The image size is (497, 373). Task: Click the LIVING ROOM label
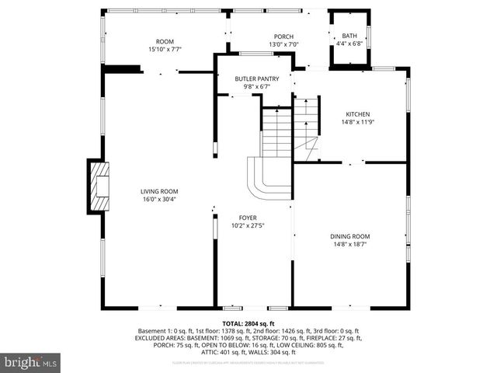[159, 191]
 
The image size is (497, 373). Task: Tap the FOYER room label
[248, 218]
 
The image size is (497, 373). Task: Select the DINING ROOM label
[351, 236]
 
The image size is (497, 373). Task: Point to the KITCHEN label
[346, 114]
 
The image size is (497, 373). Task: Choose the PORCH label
[283, 37]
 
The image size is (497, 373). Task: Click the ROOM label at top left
[165, 41]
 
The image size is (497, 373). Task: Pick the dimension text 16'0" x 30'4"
[159, 200]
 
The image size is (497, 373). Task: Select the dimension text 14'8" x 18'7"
[351, 244]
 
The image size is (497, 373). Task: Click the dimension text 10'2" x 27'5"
[248, 226]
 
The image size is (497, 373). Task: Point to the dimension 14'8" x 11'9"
[346, 122]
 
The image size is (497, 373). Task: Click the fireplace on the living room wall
[98, 186]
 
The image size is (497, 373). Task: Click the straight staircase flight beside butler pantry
[275, 132]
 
